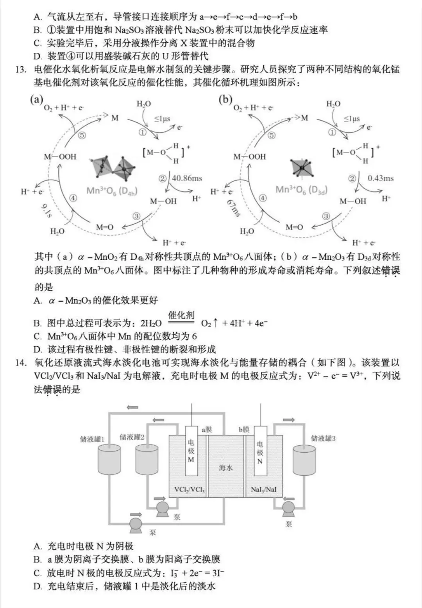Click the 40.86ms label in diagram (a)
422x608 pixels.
pyautogui.click(x=187, y=178)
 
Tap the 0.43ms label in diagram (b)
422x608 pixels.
pyautogui.click(x=381, y=178)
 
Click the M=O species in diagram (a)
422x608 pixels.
pyautogui.click(x=105, y=227)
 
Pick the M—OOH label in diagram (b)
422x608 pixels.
pyautogui.click(x=249, y=156)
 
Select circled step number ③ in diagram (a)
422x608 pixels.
pyautogui.click(x=136, y=216)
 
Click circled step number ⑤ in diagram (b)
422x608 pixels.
pyautogui.click(x=271, y=135)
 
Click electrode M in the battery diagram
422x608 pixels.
pyautogui.click(x=191, y=450)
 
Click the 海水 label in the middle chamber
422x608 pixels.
pyautogui.click(x=225, y=467)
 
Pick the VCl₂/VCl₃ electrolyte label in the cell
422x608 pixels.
pyautogui.click(x=189, y=489)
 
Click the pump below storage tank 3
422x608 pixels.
pyautogui.click(x=288, y=507)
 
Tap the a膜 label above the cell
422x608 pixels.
pyautogui.click(x=207, y=430)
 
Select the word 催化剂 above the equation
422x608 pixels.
pyautogui.click(x=181, y=315)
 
